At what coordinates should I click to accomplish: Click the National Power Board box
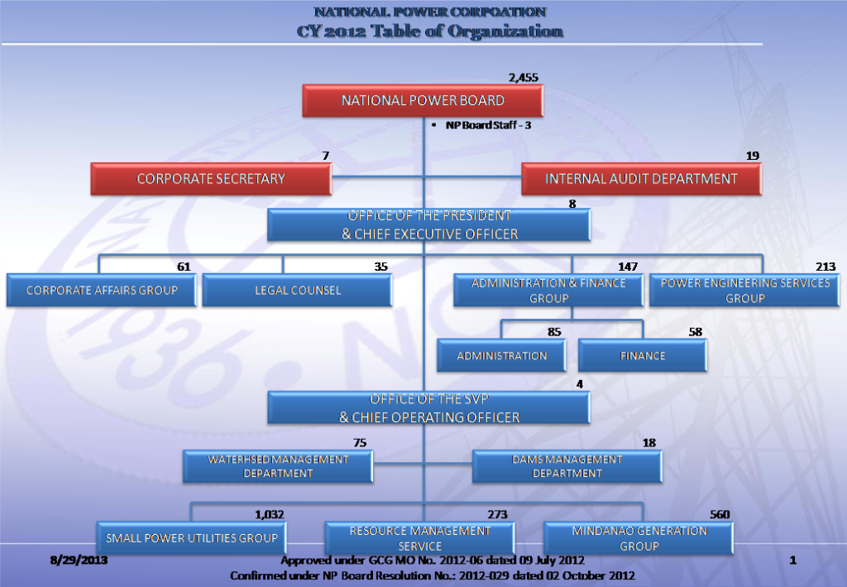coord(423,100)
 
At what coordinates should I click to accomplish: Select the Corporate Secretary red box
coord(211,179)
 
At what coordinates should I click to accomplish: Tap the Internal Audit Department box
coord(641,179)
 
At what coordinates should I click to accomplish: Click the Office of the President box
coord(429,225)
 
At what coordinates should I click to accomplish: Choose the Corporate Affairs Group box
coord(102,291)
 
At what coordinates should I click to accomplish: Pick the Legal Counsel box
coord(297,291)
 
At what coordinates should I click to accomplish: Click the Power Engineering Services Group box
coord(744,291)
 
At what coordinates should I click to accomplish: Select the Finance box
coord(642,356)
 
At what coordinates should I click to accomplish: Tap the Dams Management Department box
coord(567,466)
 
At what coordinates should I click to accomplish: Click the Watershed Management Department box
coord(278,466)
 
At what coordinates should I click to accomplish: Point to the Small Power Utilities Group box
coord(191,538)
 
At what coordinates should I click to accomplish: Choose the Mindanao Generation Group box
coord(639,538)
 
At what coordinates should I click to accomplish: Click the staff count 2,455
coord(524,78)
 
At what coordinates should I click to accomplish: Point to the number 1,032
coord(270,515)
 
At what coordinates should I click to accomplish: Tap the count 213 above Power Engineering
coord(825,267)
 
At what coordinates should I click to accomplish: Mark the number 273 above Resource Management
coord(497,515)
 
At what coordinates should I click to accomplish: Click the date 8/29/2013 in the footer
coord(79,560)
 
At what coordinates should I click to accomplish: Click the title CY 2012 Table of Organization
coord(430,31)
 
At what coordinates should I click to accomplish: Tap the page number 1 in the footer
coord(793,560)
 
